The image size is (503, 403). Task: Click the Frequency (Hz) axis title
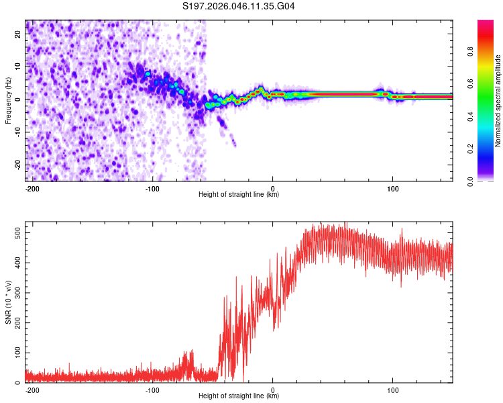pos(9,101)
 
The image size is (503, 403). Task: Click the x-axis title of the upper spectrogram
pos(239,195)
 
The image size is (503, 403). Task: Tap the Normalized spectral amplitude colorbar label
pos(498,101)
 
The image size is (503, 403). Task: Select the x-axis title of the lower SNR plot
pos(239,396)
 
